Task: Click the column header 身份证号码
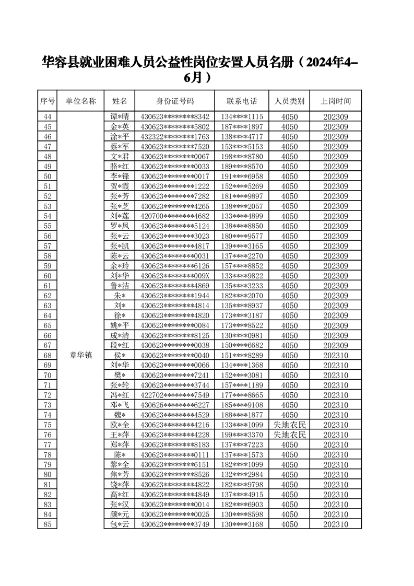(175, 101)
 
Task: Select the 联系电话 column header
(242, 101)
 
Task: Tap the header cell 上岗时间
(335, 101)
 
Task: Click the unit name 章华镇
(81, 355)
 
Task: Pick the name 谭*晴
(119, 116)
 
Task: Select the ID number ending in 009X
(175, 276)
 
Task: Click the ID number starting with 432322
(175, 136)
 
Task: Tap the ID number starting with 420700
(175, 216)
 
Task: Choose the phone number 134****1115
(242, 116)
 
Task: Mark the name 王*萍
(119, 435)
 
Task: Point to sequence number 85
(48, 524)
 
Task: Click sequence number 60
(48, 276)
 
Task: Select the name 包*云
(119, 524)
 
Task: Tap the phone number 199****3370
(242, 435)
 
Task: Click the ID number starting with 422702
(175, 395)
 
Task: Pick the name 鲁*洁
(119, 286)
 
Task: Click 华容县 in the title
(60, 63)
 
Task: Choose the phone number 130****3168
(242, 524)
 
